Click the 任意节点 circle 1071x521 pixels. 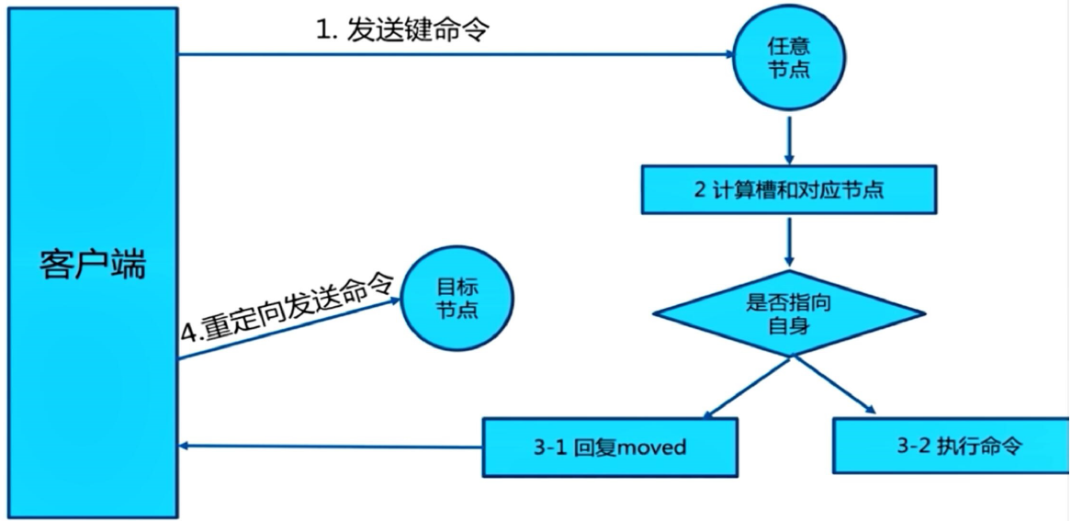coord(788,58)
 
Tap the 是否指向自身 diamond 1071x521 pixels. coord(787,313)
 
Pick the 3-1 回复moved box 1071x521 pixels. coord(611,447)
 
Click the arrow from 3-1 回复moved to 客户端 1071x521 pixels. coord(331,447)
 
